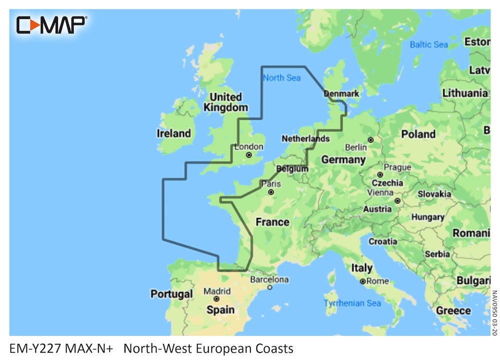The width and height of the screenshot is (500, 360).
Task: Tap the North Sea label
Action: pos(281,77)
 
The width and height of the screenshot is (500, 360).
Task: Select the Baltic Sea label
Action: pos(428,44)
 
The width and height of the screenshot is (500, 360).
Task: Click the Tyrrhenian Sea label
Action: pos(352,303)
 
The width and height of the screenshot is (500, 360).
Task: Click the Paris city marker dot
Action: pos(270,192)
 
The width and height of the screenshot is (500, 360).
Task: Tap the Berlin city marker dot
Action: pos(370,140)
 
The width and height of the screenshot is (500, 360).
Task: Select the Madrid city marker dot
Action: pos(216,298)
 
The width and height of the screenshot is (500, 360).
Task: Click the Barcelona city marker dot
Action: pos(269,287)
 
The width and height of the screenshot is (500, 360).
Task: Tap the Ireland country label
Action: pos(173,133)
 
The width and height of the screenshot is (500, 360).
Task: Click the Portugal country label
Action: pos(171,294)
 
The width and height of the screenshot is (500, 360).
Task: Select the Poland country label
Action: pos(418,134)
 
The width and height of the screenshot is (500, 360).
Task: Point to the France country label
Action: pos(272,221)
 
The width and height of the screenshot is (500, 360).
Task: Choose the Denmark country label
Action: pos(341,93)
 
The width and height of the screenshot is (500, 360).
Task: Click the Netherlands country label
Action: pos(305,138)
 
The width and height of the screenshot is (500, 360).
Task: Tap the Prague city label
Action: pos(397,167)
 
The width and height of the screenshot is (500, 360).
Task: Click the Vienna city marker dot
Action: pos(397,200)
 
